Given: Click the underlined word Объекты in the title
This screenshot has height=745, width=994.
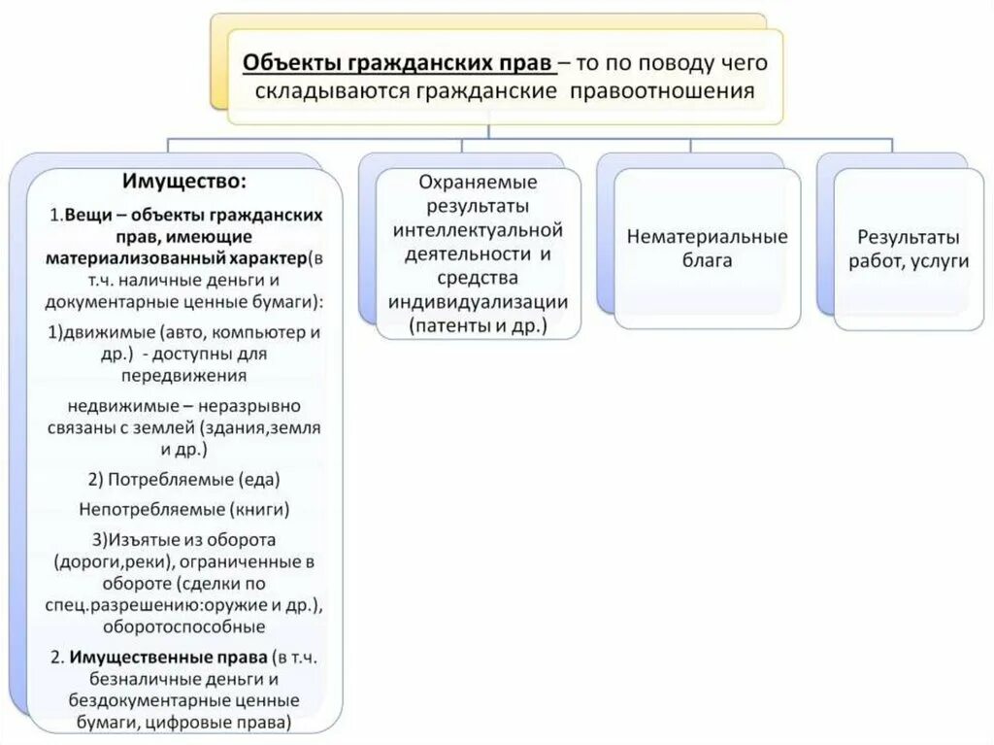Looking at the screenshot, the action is (283, 63).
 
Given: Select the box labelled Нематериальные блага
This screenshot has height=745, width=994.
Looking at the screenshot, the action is (707, 249).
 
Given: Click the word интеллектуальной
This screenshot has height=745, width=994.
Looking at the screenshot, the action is (479, 230).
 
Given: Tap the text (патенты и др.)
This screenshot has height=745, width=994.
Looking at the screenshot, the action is (478, 325).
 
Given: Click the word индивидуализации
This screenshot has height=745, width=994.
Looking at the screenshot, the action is (478, 301).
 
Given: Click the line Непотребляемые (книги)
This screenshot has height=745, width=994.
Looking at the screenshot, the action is (184, 508).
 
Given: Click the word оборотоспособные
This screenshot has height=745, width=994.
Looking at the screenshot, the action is (184, 626).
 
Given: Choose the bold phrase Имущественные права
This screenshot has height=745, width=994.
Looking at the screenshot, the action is (169, 657).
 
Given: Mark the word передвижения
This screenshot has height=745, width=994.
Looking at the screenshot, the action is (184, 375).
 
